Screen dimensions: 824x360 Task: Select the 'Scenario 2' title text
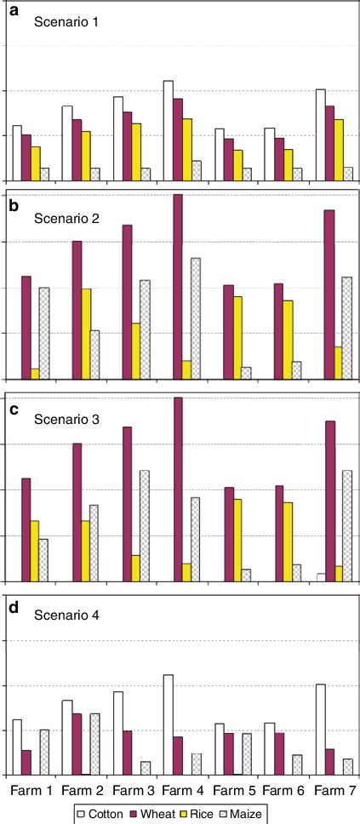point(66,219)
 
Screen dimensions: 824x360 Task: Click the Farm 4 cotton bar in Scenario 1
point(168,130)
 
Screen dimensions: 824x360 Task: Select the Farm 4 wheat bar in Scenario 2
point(178,286)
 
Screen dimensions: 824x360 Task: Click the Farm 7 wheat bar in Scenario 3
point(330,501)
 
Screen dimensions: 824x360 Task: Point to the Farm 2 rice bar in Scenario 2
point(86,334)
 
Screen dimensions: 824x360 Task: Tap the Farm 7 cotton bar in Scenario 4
point(321,730)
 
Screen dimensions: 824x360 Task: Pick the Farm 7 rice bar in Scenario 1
point(339,149)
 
